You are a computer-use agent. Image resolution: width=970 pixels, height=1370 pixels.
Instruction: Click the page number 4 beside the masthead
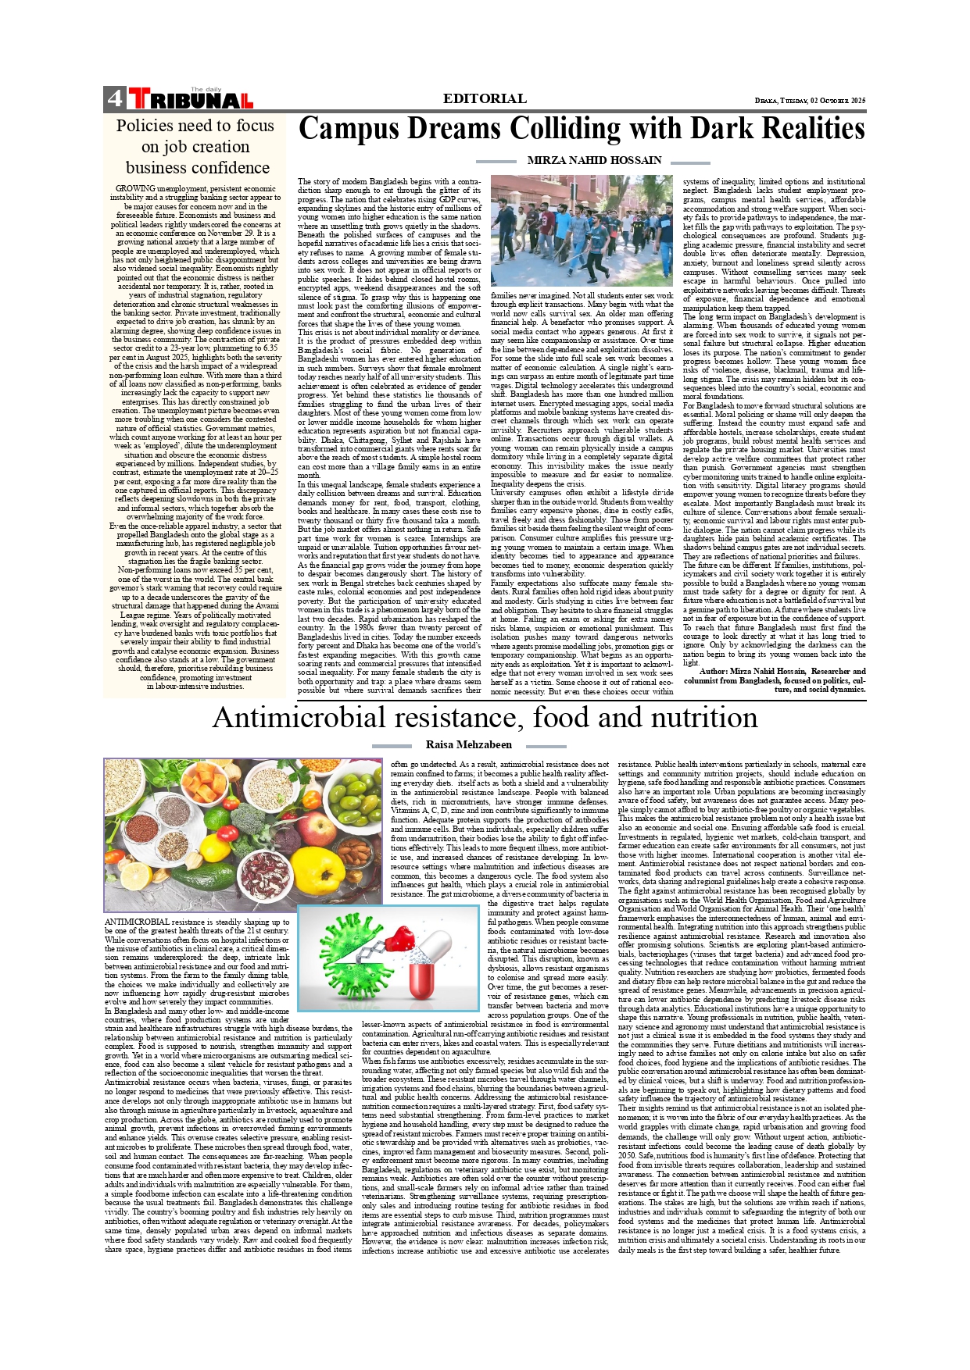[115, 98]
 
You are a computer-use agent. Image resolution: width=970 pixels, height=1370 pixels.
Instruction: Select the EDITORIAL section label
[485, 98]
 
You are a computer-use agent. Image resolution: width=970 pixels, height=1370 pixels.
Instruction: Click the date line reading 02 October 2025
[811, 101]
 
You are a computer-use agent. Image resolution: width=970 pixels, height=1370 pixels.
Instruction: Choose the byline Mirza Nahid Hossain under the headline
[594, 160]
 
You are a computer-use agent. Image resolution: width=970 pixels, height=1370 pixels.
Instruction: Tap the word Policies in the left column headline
[145, 126]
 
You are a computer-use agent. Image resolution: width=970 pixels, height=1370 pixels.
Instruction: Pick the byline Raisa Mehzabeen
[469, 745]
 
